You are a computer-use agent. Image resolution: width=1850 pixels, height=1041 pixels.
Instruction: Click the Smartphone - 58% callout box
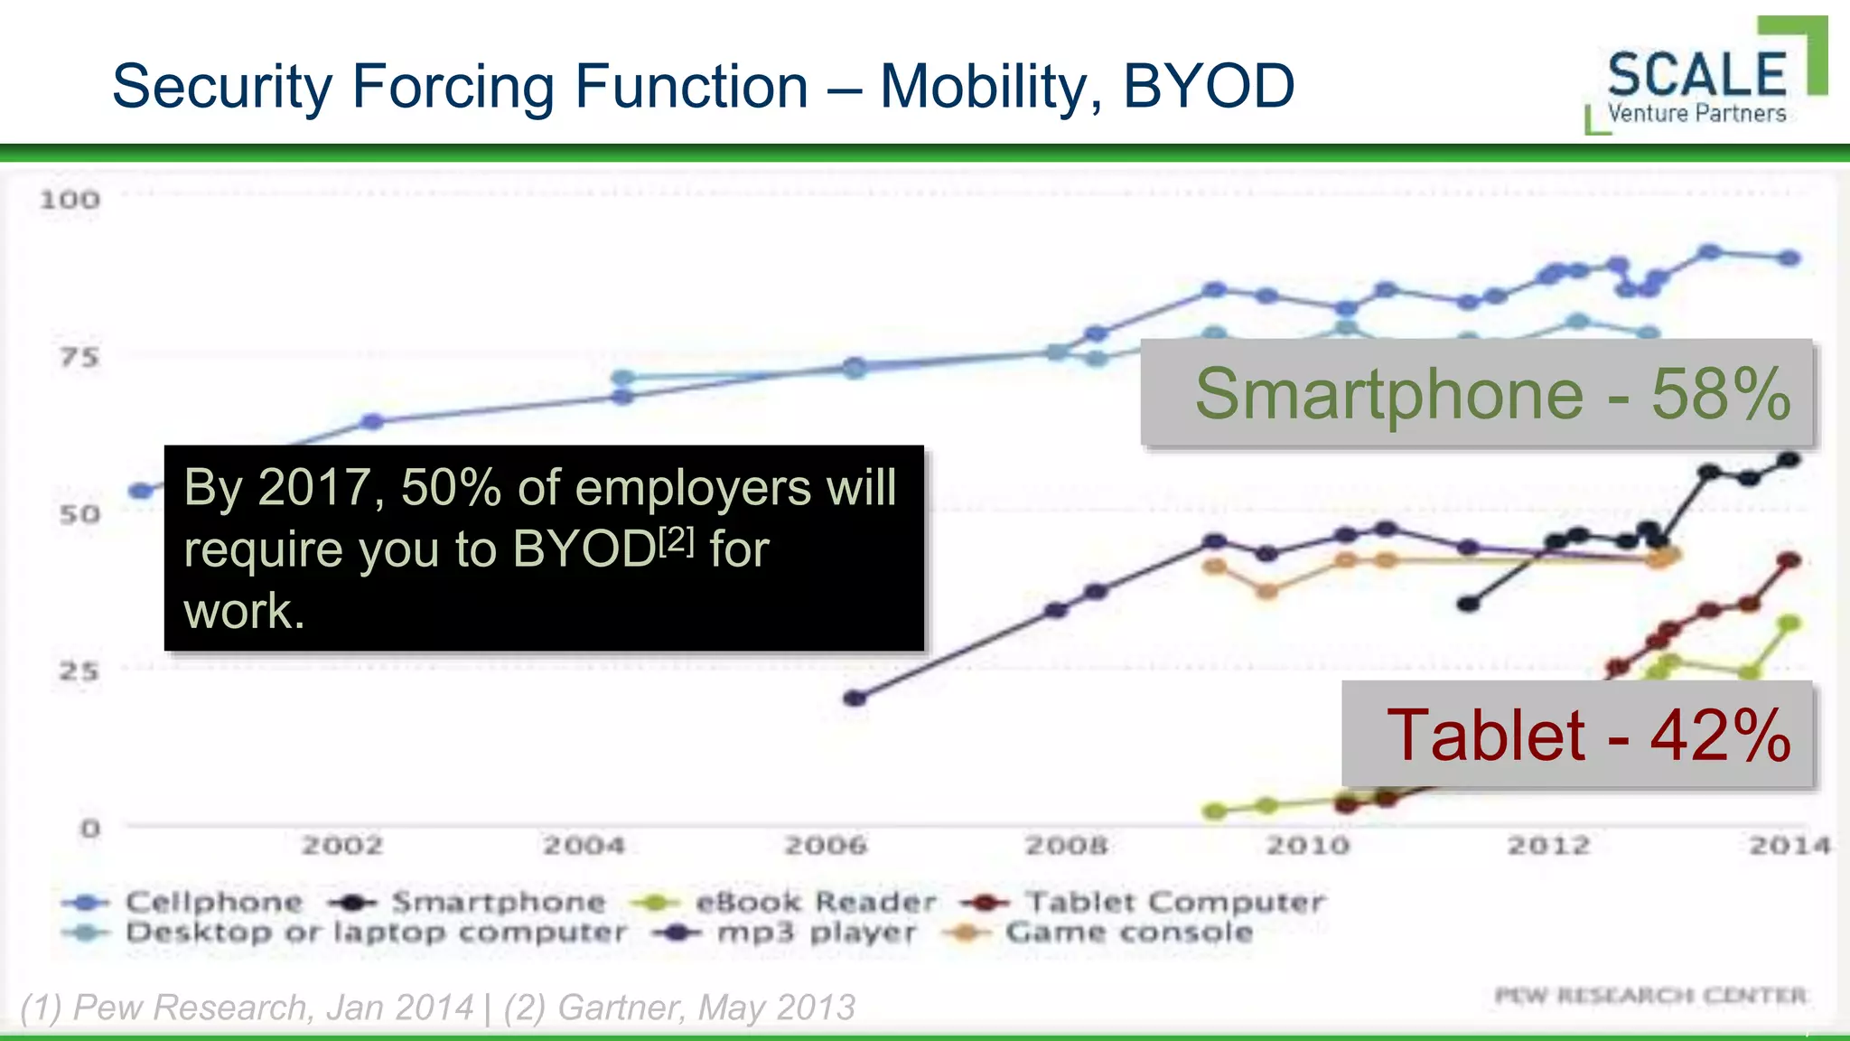1477,393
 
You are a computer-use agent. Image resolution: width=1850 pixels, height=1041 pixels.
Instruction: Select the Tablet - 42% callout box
1577,734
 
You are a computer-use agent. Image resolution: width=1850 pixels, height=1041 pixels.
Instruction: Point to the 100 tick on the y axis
70,200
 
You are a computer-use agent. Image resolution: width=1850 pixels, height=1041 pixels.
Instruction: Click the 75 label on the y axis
79,358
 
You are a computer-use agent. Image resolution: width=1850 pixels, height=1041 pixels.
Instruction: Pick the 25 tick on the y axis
79,671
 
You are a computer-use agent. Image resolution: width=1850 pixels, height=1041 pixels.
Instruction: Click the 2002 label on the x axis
341,846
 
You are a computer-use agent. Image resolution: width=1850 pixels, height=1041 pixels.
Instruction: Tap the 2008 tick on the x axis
1066,846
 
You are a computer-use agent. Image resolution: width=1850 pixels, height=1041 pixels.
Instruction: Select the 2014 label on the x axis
1789,846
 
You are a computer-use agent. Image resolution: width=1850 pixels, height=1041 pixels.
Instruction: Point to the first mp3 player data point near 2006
855,698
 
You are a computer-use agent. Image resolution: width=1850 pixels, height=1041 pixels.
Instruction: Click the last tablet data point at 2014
1789,560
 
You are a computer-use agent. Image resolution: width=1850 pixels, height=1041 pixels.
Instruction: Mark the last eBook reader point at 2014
1789,624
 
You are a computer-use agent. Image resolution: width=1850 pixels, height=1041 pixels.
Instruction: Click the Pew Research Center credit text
1650,996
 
